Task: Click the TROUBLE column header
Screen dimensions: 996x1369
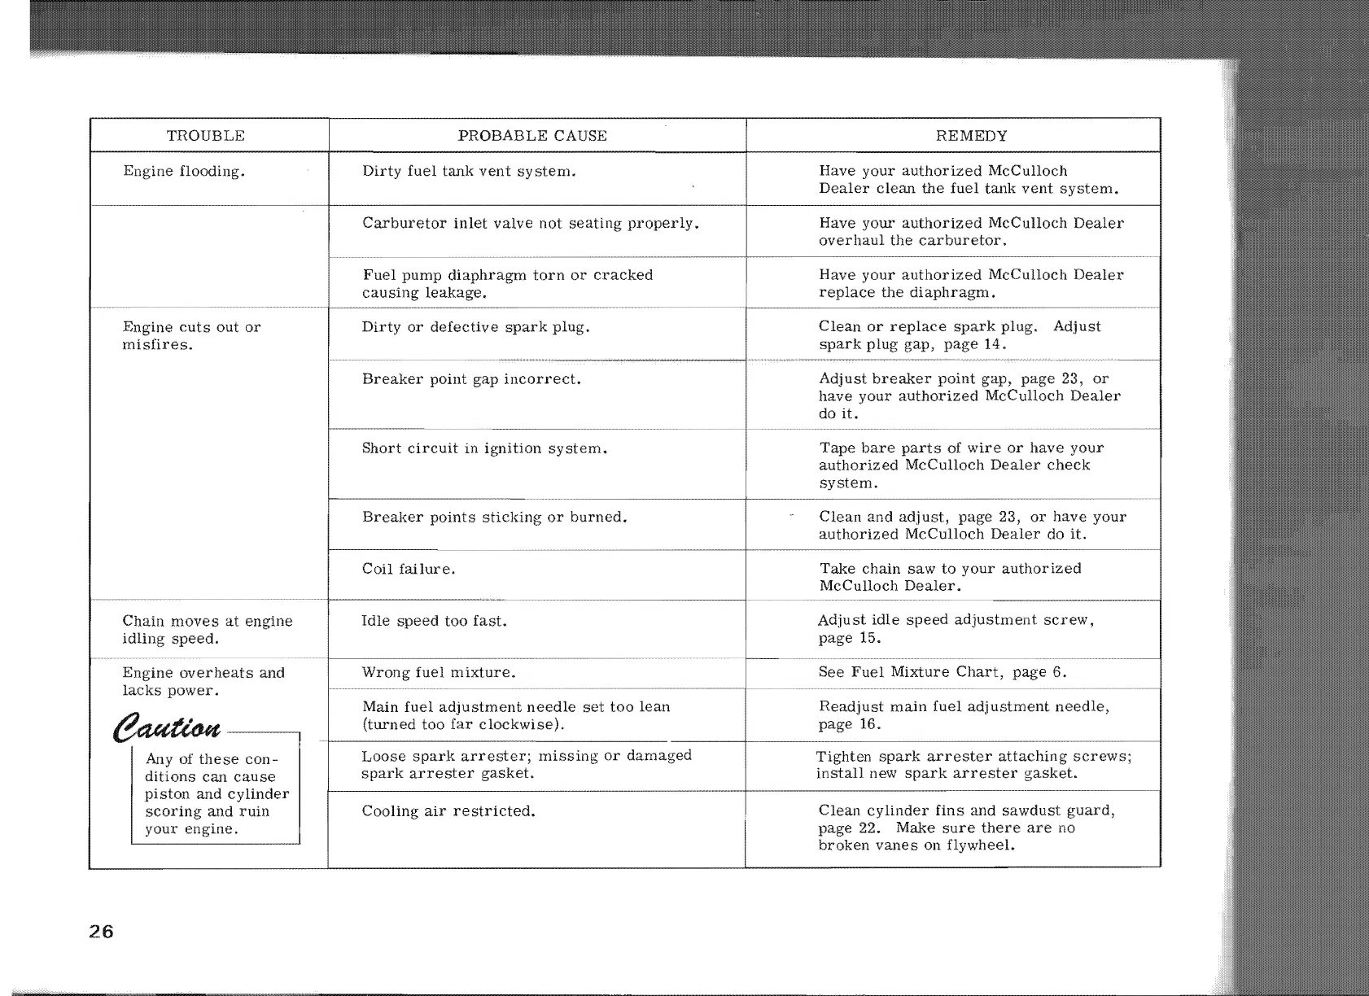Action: (x=205, y=136)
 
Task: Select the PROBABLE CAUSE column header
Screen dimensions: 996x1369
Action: (x=532, y=136)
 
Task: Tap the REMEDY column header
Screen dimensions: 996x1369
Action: (x=971, y=136)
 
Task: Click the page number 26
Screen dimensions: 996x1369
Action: (x=102, y=932)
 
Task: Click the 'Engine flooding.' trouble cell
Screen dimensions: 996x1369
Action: (x=184, y=172)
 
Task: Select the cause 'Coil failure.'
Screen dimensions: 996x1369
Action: (x=409, y=569)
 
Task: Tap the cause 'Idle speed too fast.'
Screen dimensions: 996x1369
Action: (x=435, y=621)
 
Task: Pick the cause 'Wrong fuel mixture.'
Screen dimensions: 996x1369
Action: (x=440, y=673)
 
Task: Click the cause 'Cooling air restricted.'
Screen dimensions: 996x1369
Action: (x=448, y=811)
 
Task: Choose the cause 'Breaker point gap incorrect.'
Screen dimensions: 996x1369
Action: (x=471, y=379)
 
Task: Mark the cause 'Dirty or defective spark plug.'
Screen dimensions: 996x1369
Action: (x=476, y=327)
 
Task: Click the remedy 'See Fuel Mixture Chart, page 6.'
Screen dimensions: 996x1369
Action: (x=943, y=672)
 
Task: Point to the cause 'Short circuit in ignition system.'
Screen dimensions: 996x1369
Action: (x=485, y=448)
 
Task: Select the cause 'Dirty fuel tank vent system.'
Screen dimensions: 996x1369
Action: (x=470, y=172)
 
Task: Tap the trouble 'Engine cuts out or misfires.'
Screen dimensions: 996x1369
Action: (x=191, y=335)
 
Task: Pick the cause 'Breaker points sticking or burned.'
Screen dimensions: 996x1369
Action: (x=494, y=518)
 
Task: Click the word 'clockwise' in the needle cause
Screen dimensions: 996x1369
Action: (x=520, y=724)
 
